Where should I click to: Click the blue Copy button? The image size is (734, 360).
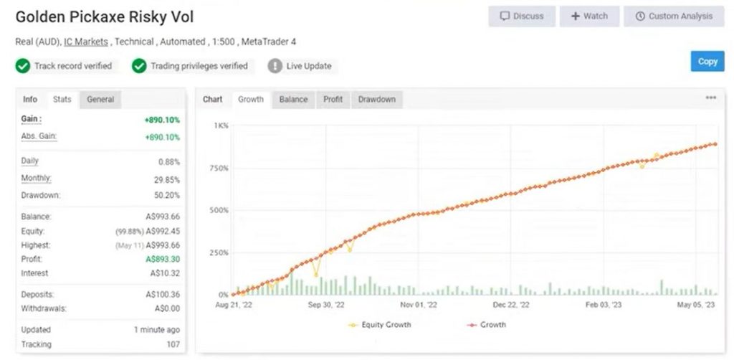(707, 62)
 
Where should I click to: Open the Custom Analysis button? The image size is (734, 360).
(674, 16)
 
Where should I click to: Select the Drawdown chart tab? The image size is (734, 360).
(376, 100)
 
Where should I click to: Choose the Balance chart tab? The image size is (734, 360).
(293, 100)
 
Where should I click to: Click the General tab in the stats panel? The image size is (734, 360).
(100, 100)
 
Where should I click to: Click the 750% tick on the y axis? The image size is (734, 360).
(218, 169)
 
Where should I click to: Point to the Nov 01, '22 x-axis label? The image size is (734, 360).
(418, 305)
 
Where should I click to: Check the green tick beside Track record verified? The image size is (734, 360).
(23, 66)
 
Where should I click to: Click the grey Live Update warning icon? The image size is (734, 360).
(275, 66)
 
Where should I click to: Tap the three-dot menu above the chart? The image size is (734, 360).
(710, 98)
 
